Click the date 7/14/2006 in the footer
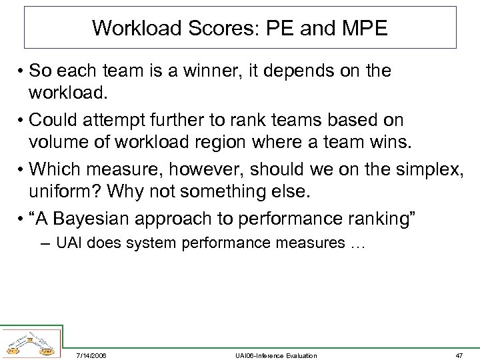click(92, 355)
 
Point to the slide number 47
click(459, 355)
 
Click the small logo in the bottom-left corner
click(30, 342)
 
